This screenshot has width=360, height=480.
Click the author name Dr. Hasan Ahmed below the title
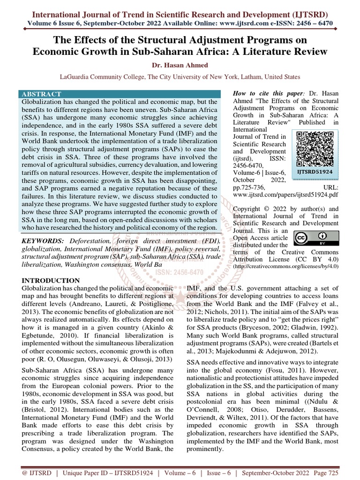pyautogui.click(x=180, y=65)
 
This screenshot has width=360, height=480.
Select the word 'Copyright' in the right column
pyautogui.click(x=250, y=209)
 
